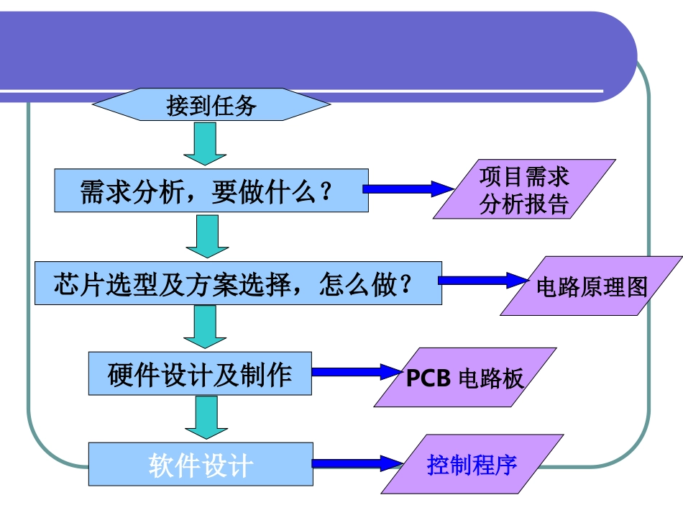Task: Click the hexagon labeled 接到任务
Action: [211, 106]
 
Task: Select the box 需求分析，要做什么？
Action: [211, 191]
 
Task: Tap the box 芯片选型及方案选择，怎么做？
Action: [237, 283]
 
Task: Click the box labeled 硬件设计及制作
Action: [200, 373]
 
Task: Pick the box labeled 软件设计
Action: [200, 464]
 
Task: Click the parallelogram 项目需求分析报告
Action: [524, 189]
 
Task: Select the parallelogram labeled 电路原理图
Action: [591, 286]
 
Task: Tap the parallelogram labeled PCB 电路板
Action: [465, 378]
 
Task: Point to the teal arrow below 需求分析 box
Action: [207, 237]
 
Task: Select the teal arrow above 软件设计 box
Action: [206, 418]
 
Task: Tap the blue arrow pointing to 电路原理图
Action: [482, 281]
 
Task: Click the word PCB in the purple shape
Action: [429, 378]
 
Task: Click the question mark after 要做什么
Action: [325, 193]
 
